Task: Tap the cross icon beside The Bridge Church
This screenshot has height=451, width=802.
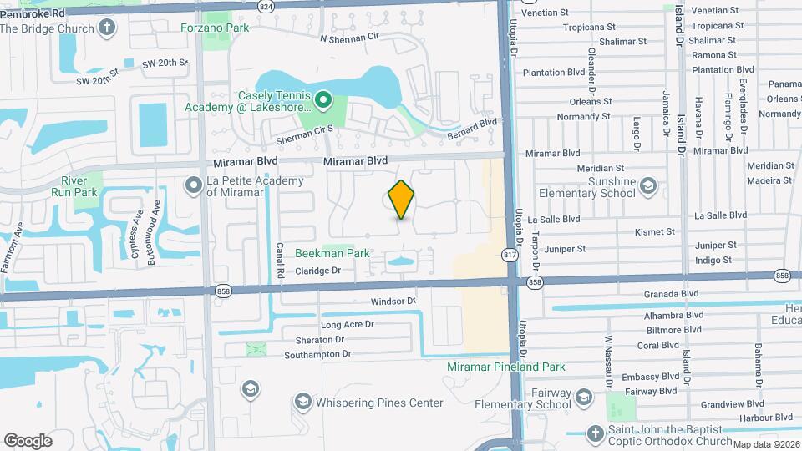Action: click(106, 28)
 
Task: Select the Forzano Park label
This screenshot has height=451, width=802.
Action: click(215, 27)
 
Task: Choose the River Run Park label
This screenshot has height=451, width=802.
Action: click(79, 186)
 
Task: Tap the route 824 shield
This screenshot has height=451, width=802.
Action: click(266, 6)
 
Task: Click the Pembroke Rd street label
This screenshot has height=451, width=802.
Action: click(32, 14)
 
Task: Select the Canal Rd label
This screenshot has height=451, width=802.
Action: click(281, 257)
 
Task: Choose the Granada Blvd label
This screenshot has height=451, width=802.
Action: click(671, 294)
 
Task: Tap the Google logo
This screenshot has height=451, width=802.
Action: click(28, 440)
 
